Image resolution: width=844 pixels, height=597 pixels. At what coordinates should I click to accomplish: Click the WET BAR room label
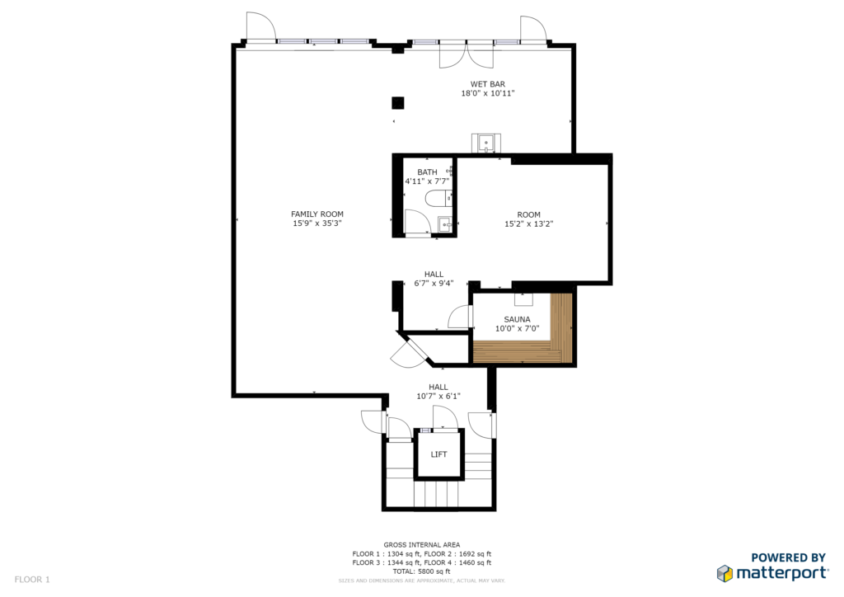coord(488,84)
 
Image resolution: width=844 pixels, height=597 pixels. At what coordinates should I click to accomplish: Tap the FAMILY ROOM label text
coord(317,214)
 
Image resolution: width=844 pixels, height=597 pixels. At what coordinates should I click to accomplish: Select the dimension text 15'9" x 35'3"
coord(317,223)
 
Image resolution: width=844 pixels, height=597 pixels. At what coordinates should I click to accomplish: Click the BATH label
coord(427,172)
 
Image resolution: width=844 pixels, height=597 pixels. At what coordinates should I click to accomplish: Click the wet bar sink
coord(486,143)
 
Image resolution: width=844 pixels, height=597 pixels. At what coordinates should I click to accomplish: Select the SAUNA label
coord(517,319)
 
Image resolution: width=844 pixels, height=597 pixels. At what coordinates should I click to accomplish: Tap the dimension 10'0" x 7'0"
coord(517,328)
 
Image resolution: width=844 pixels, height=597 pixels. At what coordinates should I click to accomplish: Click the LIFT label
coord(438,454)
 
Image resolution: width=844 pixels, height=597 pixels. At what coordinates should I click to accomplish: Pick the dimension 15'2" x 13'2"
coord(528,224)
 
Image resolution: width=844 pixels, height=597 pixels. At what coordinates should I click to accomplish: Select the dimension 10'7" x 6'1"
coord(438,396)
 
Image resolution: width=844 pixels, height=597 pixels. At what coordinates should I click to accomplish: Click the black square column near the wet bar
coord(398,102)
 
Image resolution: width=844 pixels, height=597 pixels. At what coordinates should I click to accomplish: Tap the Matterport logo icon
coord(724,573)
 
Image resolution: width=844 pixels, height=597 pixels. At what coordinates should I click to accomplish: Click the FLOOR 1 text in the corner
coord(32,580)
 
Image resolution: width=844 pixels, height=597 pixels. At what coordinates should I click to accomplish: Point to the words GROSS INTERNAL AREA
coord(421,545)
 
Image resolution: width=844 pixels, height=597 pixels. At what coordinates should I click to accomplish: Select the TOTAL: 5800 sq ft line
coord(421,571)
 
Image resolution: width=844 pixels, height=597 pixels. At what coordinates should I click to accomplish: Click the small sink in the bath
coord(445,224)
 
